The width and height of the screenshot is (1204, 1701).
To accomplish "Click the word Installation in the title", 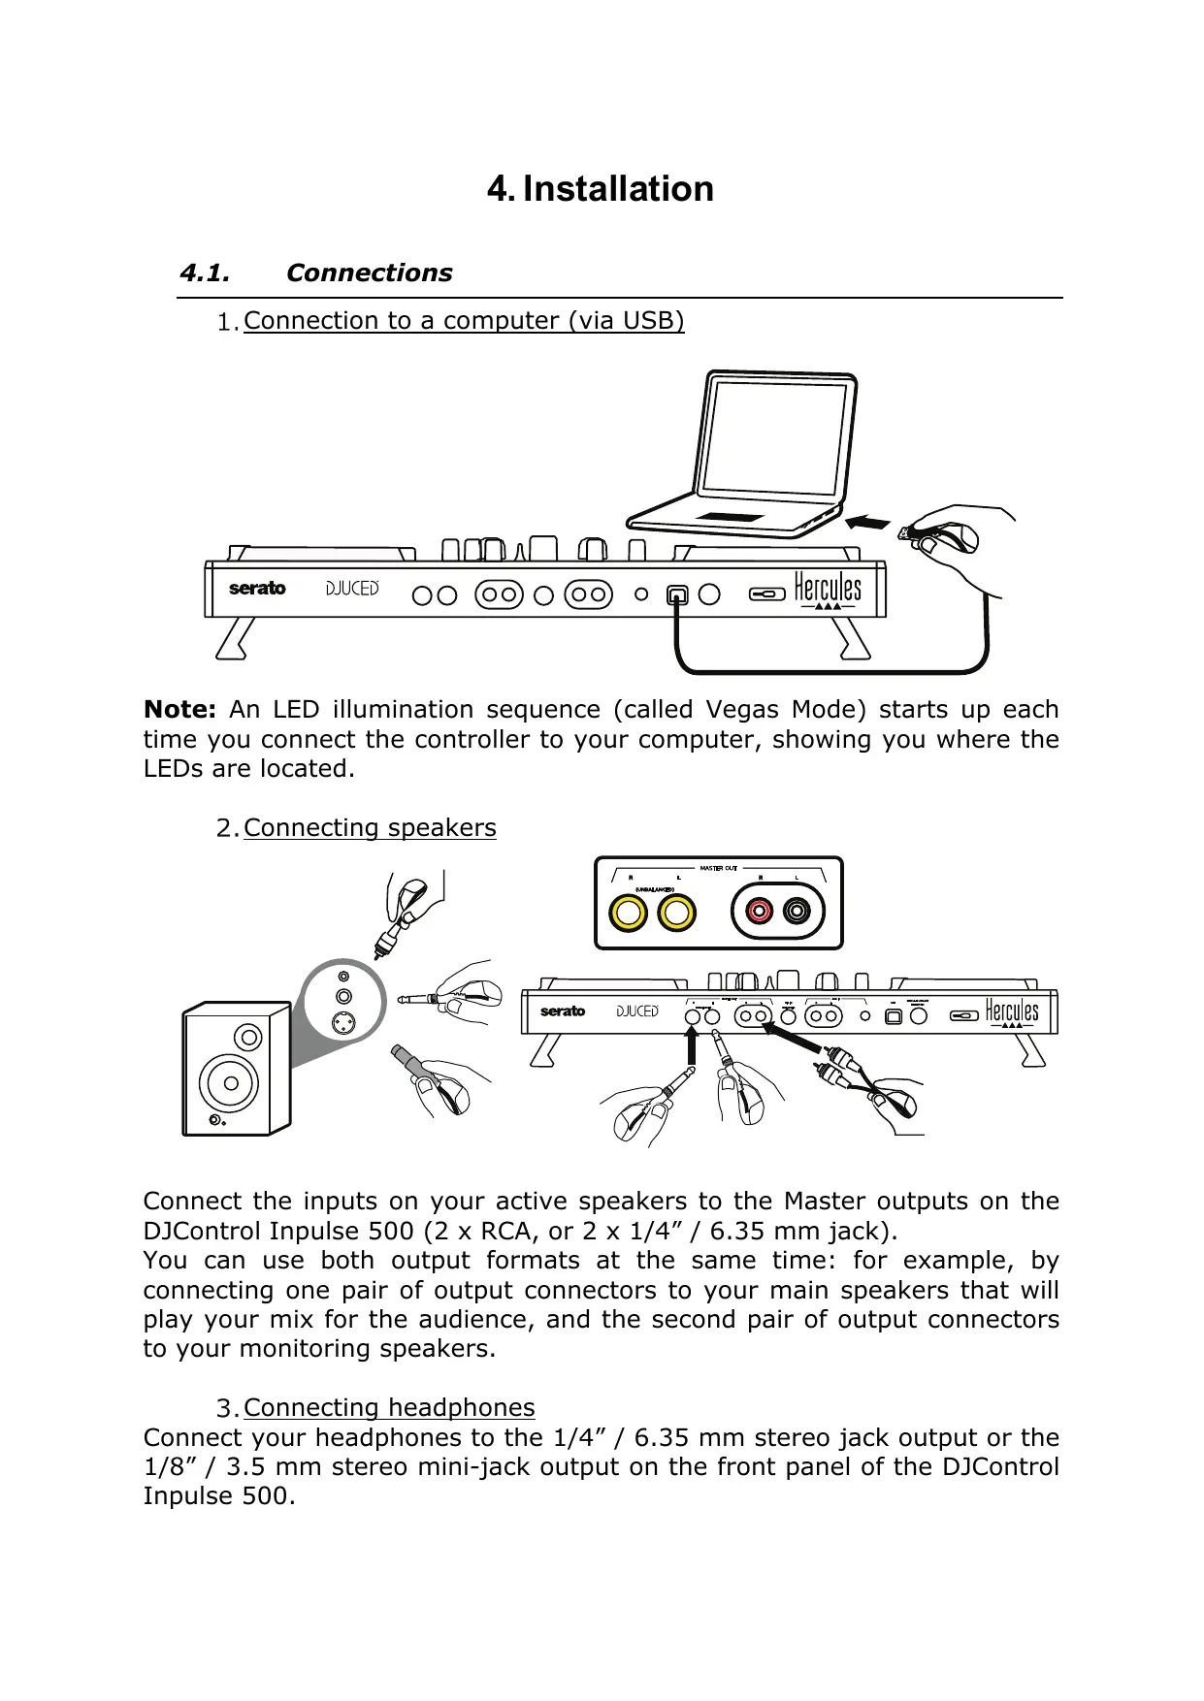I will (x=618, y=188).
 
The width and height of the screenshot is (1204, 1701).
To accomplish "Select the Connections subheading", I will (x=369, y=273).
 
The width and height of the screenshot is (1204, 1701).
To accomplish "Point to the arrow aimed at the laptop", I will (x=867, y=523).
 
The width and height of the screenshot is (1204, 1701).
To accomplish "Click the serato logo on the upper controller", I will (x=257, y=589).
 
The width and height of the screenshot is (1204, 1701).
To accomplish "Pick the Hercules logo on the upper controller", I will (x=828, y=589).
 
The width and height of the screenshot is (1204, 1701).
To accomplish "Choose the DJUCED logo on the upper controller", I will (x=351, y=589).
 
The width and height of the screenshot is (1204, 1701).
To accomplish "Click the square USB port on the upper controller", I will (x=677, y=595).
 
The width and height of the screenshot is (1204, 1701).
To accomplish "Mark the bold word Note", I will (x=179, y=710).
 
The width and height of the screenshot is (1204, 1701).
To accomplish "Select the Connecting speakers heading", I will (x=370, y=828).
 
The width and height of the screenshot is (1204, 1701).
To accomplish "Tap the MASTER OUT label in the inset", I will (x=719, y=868).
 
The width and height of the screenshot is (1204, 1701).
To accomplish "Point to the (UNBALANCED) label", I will (x=654, y=888).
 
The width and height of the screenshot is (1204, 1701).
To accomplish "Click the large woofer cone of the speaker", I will (x=230, y=1080).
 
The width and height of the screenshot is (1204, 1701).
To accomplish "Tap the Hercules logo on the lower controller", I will (x=1011, y=1011).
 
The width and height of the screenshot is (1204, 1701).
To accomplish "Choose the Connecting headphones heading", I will (x=389, y=1408).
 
